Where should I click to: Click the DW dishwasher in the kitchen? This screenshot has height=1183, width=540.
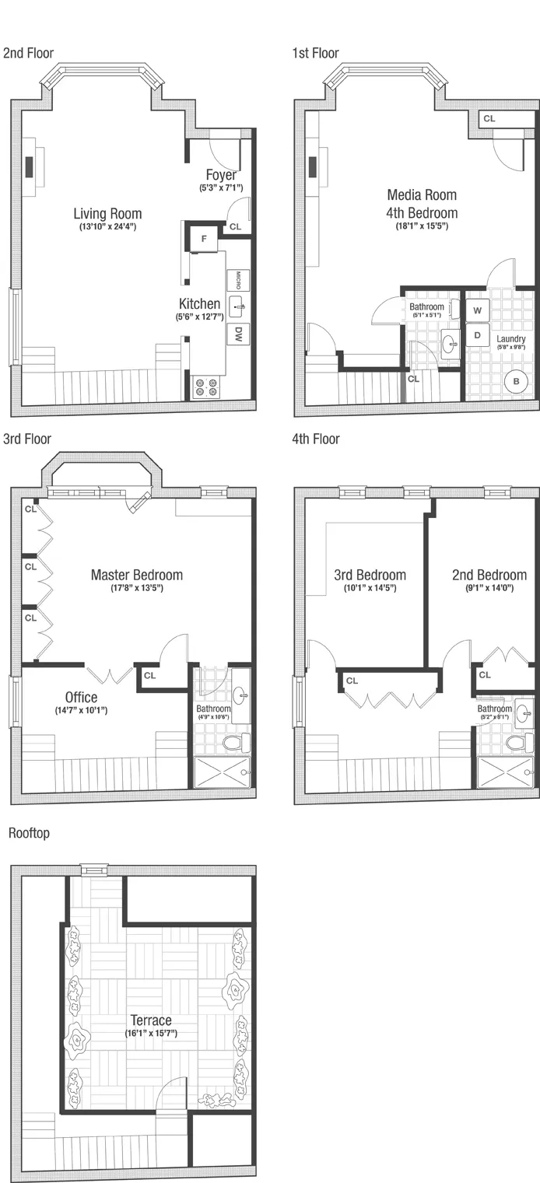tap(238, 334)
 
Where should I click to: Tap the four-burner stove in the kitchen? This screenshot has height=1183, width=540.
tap(206, 387)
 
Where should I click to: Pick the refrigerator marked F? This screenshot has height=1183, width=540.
tap(204, 239)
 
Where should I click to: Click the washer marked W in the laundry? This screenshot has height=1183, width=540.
tap(477, 310)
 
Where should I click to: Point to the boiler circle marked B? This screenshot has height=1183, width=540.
tap(514, 381)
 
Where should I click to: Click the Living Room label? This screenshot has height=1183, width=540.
tap(107, 213)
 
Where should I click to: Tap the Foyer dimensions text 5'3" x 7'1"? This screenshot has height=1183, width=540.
tap(222, 188)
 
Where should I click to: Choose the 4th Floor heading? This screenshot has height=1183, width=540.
tap(316, 439)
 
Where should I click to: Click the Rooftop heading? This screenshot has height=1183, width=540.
tap(29, 834)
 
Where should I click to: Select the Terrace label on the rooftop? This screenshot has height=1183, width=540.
tap(152, 1020)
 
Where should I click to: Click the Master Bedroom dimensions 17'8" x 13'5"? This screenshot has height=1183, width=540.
tap(137, 589)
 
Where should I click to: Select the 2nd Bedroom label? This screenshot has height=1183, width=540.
tap(489, 576)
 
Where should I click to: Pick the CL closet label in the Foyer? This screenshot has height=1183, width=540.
tap(235, 227)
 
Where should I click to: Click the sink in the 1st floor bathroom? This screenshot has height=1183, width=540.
tap(450, 343)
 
